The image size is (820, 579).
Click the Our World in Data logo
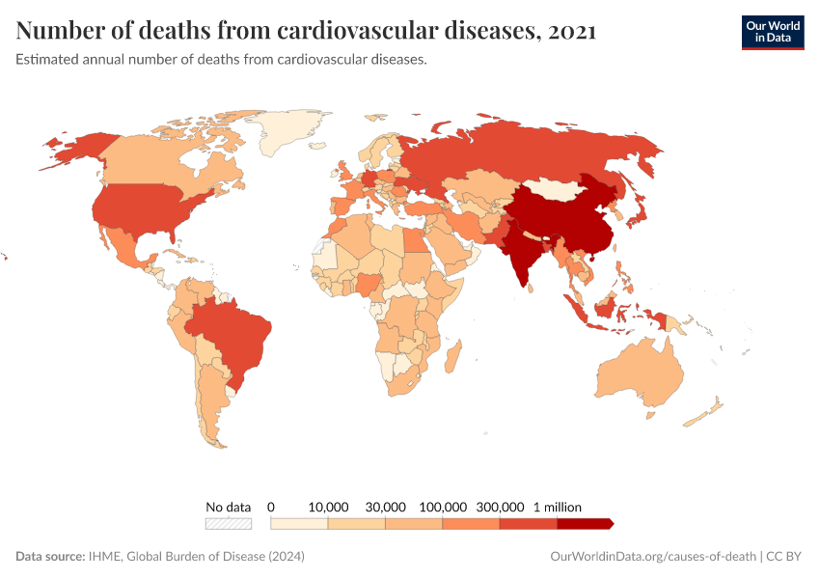coord(773,31)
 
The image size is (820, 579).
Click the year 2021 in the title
coord(570,31)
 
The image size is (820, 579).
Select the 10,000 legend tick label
coord(328,507)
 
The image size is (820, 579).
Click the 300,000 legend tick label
coord(500,507)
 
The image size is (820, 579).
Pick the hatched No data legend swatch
coord(228,523)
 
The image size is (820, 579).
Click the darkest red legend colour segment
coord(585,523)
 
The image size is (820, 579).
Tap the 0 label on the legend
coord(271,507)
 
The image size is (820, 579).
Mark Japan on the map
coord(638,214)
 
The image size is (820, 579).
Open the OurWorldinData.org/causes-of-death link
coord(652,557)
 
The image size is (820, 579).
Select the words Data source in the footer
coord(49,557)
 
